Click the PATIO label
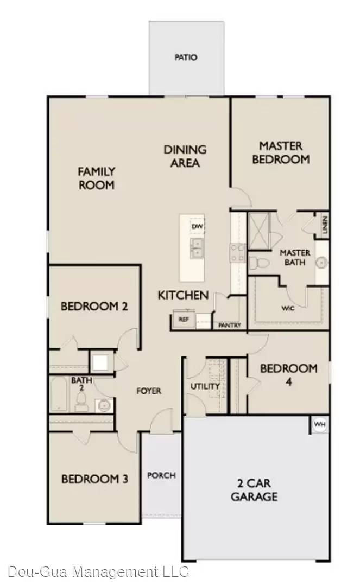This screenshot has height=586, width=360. coord(186,57)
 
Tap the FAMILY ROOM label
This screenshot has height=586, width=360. coord(97,178)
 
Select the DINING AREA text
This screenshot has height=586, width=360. coord(185,156)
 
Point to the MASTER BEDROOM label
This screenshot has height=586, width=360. coord(281,152)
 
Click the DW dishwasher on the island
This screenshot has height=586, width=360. coord(196,226)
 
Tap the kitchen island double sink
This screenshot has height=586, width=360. coord(197,249)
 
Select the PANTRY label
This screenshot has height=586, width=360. coord(229,326)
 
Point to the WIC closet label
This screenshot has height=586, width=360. coord(288,308)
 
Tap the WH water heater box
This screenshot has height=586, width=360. coord(320,425)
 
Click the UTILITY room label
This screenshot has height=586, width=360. coord(205,386)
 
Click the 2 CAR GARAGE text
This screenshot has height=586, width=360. coord(254,489)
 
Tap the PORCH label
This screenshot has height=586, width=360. coord(161,475)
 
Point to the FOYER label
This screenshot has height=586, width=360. coord(149,391)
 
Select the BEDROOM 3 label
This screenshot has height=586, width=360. coord(94,479)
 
